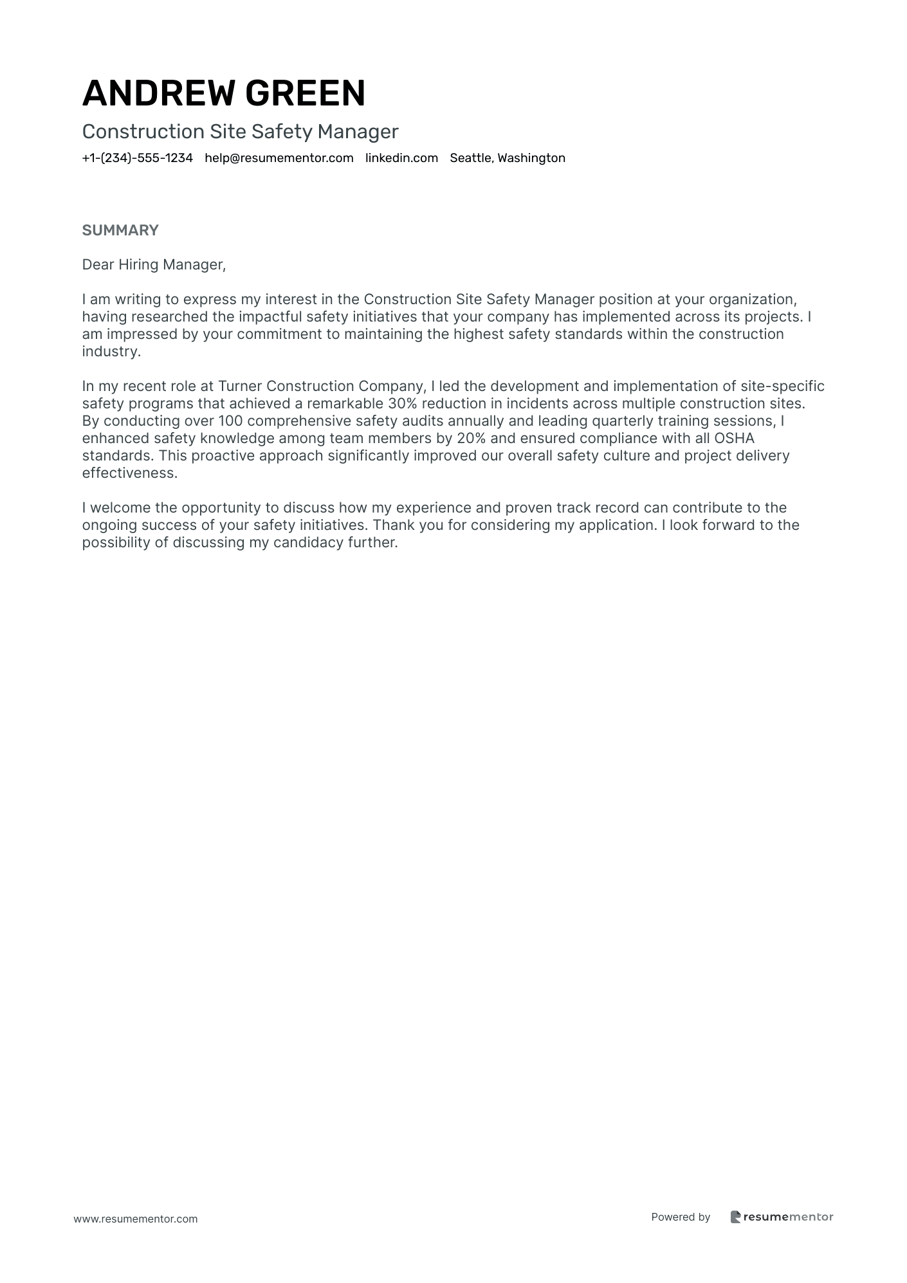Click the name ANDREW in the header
[x=159, y=93]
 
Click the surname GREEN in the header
[x=305, y=93]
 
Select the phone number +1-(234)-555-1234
[x=138, y=158]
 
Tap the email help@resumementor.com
[x=279, y=158]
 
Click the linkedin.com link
[x=401, y=158]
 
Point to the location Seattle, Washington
[x=508, y=158]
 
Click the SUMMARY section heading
[x=120, y=230]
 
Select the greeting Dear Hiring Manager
[x=154, y=265]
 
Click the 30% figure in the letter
[x=403, y=404]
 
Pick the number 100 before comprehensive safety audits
[x=230, y=421]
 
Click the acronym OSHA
[x=734, y=439]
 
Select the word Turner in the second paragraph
[x=240, y=387]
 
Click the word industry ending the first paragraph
[x=110, y=352]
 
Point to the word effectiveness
[x=129, y=473]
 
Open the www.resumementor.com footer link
[x=136, y=1219]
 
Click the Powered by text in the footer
[x=681, y=1217]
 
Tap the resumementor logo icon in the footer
[x=736, y=1217]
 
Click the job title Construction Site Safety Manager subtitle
[x=241, y=132]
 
